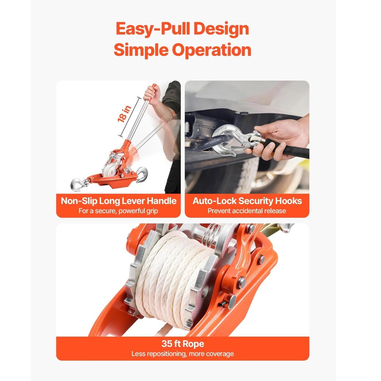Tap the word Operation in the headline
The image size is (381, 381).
point(212,50)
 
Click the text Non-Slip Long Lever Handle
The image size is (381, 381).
point(119,201)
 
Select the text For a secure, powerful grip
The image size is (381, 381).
point(118,211)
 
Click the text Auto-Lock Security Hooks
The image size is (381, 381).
point(247,201)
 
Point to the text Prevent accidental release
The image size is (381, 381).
point(247,211)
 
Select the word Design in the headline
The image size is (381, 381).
point(221,29)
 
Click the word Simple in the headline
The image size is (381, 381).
point(141,50)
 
